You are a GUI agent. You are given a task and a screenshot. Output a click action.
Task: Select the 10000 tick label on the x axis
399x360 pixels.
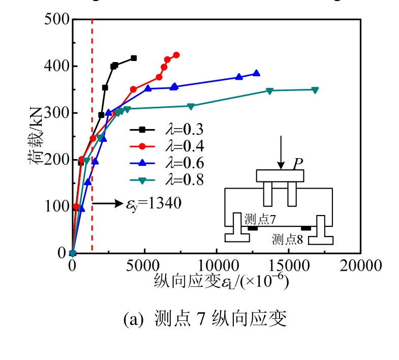click(x=217, y=265)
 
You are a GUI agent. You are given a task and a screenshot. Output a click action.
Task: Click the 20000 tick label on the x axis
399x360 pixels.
click(x=360, y=265)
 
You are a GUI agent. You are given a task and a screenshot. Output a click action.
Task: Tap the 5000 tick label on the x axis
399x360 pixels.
click(x=144, y=265)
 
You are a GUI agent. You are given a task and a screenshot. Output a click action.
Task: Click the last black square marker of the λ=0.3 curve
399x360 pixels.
click(x=134, y=58)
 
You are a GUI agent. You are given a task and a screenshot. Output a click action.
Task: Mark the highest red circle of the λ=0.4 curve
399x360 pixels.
click(x=176, y=55)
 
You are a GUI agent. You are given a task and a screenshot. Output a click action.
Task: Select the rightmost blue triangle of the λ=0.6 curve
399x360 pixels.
click(x=256, y=73)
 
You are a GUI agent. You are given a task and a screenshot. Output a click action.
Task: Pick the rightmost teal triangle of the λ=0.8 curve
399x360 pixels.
click(x=315, y=90)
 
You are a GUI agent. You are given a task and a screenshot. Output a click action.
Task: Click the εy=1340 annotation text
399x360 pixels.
click(x=154, y=203)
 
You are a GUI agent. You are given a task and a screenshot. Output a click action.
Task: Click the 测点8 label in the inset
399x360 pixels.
click(x=287, y=238)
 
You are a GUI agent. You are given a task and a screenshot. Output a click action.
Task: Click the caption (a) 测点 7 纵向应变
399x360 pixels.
click(x=206, y=319)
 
